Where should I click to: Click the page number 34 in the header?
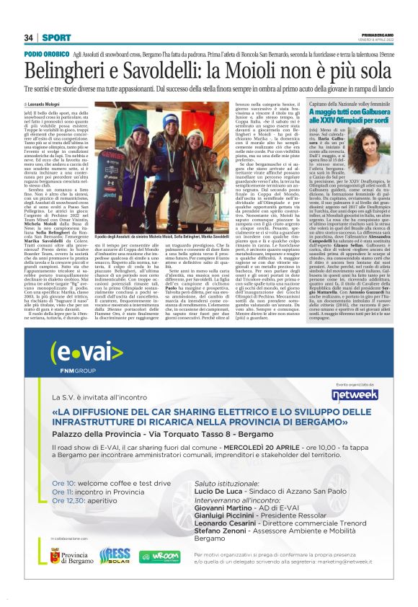point(29,37)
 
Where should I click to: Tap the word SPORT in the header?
point(51,37)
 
